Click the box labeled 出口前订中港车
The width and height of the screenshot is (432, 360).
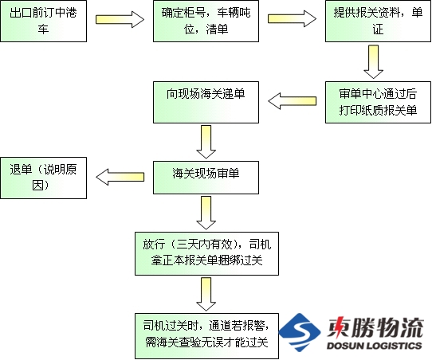[44, 22]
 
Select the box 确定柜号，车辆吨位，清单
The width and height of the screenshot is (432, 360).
[206, 22]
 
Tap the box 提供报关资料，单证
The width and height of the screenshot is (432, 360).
[378, 22]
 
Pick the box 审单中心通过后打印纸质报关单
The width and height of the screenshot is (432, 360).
[378, 102]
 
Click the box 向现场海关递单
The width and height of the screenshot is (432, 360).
[206, 102]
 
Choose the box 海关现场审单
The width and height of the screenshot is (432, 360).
[206, 178]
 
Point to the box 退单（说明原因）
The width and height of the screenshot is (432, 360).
[44, 178]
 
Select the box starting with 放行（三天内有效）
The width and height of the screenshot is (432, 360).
[206, 253]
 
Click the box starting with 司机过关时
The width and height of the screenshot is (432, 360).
[206, 336]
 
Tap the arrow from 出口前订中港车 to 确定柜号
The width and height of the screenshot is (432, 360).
[120, 20]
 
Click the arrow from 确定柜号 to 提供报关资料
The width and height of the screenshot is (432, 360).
[292, 18]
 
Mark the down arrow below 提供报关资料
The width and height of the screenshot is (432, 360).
[374, 62]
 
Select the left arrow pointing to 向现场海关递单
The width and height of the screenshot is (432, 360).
[293, 101]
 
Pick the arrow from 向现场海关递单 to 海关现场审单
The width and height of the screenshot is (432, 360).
[206, 142]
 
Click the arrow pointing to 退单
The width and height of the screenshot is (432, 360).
[120, 177]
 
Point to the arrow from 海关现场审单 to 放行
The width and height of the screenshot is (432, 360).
[206, 213]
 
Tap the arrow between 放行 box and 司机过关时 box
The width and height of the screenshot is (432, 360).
[206, 294]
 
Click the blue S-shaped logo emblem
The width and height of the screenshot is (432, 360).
[300, 332]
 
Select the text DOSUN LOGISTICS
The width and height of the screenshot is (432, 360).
[374, 346]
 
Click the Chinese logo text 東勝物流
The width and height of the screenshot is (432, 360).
[375, 327]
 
